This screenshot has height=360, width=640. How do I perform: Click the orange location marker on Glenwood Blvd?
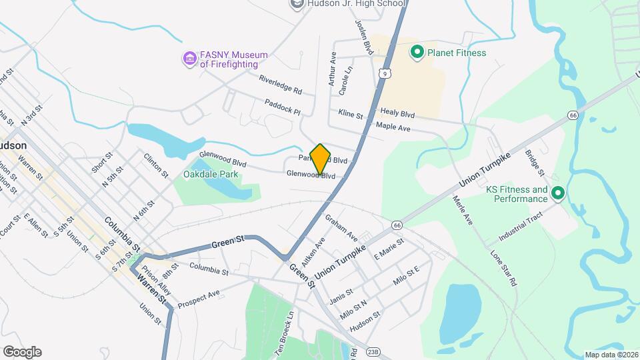click(x=321, y=159)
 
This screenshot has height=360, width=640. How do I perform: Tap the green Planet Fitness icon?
click(x=418, y=52)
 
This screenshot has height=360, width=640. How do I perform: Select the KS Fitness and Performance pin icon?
click(x=558, y=194)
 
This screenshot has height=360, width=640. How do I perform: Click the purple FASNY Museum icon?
click(x=190, y=59)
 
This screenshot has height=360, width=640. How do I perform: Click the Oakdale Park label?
click(x=211, y=175)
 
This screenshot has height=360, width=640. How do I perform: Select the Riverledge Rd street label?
click(x=281, y=83)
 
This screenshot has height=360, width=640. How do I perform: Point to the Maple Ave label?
click(x=393, y=125)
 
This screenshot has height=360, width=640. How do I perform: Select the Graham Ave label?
click(x=341, y=228)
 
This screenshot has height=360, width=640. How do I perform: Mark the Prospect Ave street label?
click(x=199, y=295)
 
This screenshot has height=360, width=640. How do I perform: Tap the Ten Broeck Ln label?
click(x=285, y=333)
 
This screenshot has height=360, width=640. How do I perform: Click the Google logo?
click(x=22, y=352)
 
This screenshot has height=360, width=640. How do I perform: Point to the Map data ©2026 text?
click(x=611, y=355)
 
